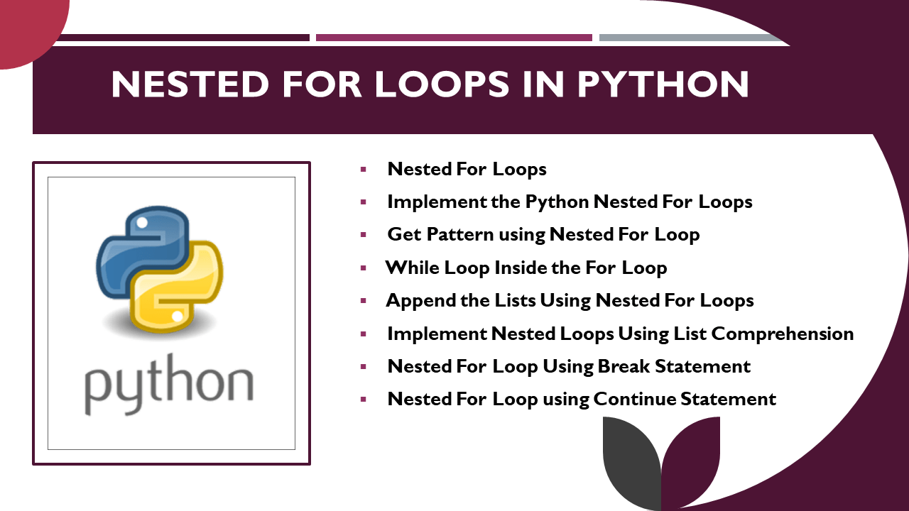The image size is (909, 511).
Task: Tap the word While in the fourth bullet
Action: [413, 268]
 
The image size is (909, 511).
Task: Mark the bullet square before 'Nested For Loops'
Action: [364, 170]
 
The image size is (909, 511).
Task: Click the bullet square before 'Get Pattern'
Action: [364, 235]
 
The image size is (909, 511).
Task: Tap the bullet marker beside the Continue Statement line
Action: [364, 400]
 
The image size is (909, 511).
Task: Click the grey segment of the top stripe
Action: [682, 38]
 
